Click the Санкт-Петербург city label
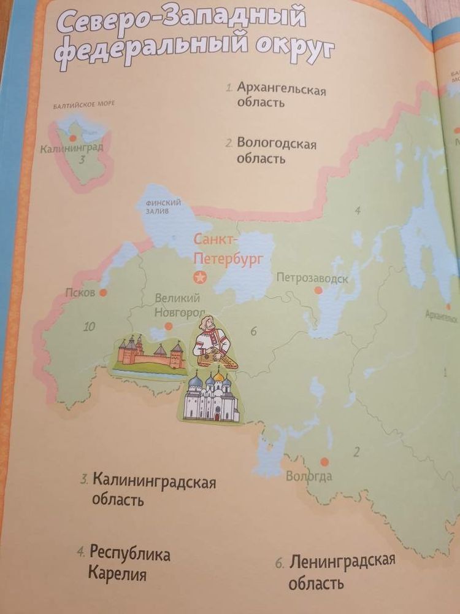[x=229, y=248]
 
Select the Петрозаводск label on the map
[x=312, y=278]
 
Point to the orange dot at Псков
[x=104, y=293]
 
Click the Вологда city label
[x=309, y=476]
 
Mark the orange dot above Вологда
[x=325, y=461]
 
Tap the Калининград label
[x=71, y=148]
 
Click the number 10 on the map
[x=90, y=327]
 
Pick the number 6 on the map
[x=253, y=332]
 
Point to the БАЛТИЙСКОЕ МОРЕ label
[x=84, y=104]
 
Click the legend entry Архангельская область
[x=281, y=95]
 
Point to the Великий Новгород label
[x=178, y=306]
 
